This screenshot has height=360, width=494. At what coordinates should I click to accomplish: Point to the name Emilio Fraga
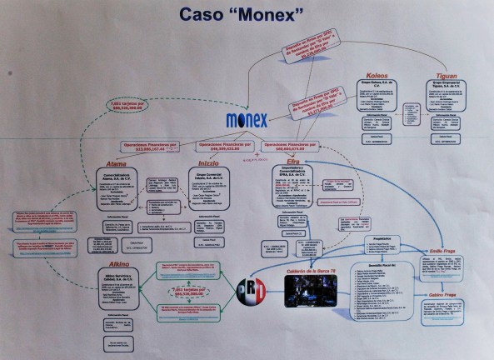(x=441, y=251)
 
